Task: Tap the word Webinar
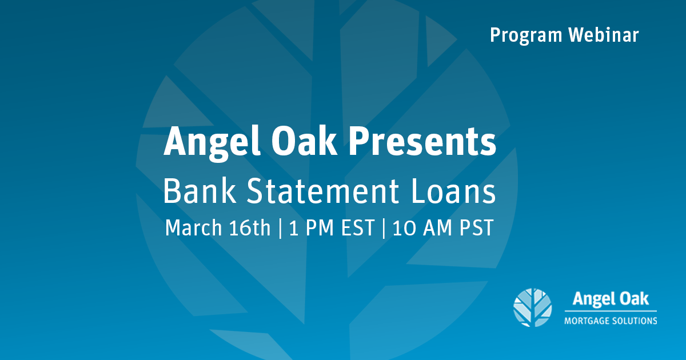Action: coord(604,35)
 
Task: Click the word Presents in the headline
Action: coord(422,142)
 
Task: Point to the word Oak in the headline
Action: coord(304,141)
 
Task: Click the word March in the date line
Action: coord(194,227)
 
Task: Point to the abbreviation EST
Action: coord(358,227)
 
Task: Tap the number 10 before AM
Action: coord(404,228)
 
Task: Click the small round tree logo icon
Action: coord(533,307)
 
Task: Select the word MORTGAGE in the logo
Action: coord(586,321)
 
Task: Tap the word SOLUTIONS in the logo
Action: coord(634,321)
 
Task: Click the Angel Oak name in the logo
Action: coord(611,299)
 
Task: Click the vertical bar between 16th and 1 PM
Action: coord(280,228)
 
